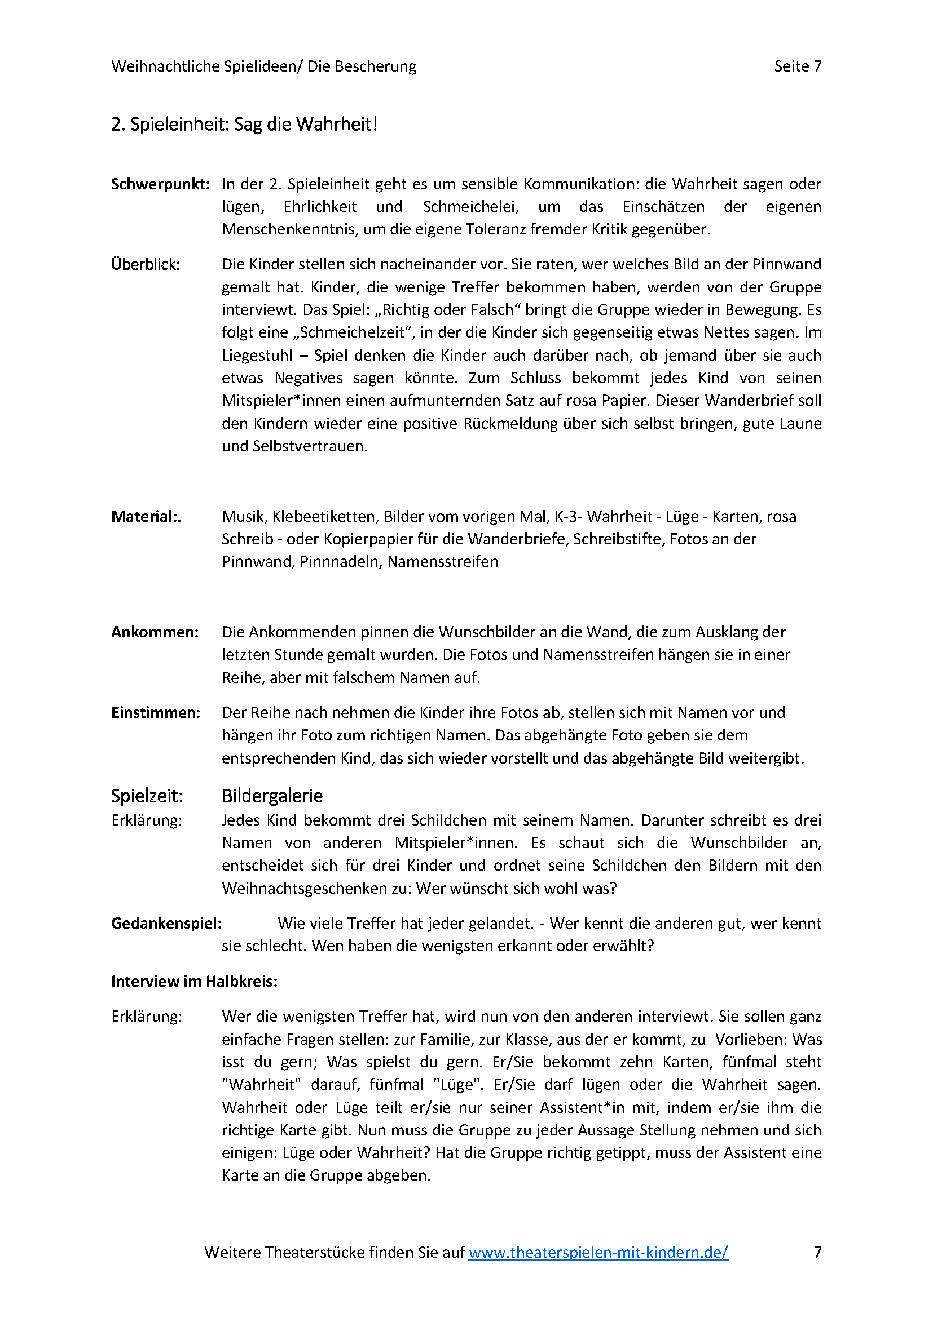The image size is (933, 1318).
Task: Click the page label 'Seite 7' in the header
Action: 798,66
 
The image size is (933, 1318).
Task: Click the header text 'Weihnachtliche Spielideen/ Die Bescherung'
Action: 263,66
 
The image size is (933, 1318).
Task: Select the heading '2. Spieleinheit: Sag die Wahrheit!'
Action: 244,124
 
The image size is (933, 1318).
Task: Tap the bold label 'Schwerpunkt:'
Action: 160,184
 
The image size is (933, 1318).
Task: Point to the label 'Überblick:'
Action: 146,264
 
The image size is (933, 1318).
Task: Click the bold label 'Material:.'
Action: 146,517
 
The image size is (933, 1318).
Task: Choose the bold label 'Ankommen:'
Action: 155,632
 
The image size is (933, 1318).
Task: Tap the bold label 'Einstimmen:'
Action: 156,712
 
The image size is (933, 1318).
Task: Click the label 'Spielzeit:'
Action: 147,796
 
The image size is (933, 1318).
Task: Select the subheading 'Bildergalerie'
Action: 272,796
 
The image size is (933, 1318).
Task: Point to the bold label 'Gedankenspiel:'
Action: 166,923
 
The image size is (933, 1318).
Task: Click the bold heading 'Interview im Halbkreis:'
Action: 194,981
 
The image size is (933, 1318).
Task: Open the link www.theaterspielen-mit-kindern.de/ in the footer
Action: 598,1252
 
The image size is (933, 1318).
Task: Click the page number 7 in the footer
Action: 817,1252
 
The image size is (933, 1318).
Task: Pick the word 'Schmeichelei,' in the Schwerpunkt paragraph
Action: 470,207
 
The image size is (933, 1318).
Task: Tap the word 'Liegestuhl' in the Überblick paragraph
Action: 257,356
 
